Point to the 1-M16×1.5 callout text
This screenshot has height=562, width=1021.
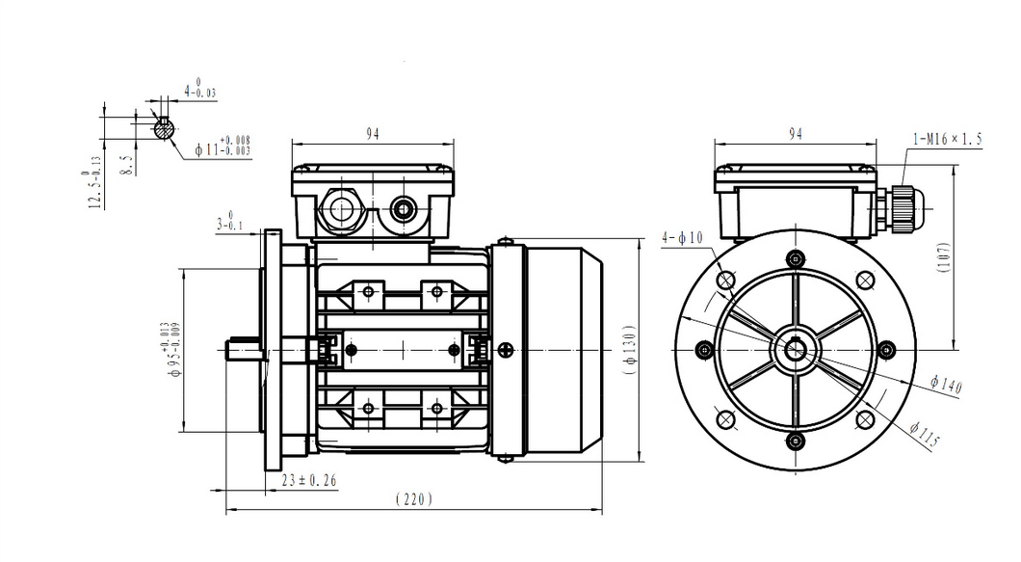(x=947, y=139)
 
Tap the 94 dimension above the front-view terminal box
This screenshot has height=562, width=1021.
(x=795, y=134)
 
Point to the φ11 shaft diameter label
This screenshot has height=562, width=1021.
(x=223, y=147)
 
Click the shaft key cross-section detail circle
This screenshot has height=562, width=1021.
(x=165, y=126)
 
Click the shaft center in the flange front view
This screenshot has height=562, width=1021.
(x=795, y=348)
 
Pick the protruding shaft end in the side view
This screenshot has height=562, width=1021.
(x=241, y=348)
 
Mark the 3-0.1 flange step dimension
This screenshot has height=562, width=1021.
(x=229, y=224)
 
